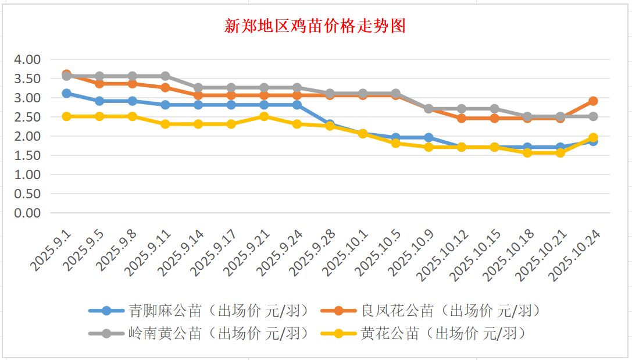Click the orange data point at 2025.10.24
tap(593, 101)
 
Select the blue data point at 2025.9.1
tap(66, 93)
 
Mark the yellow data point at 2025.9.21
tap(264, 116)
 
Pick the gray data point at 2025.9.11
tap(165, 76)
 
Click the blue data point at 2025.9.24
tap(297, 105)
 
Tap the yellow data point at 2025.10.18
tap(527, 153)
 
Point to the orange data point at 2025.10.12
tap(462, 118)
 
